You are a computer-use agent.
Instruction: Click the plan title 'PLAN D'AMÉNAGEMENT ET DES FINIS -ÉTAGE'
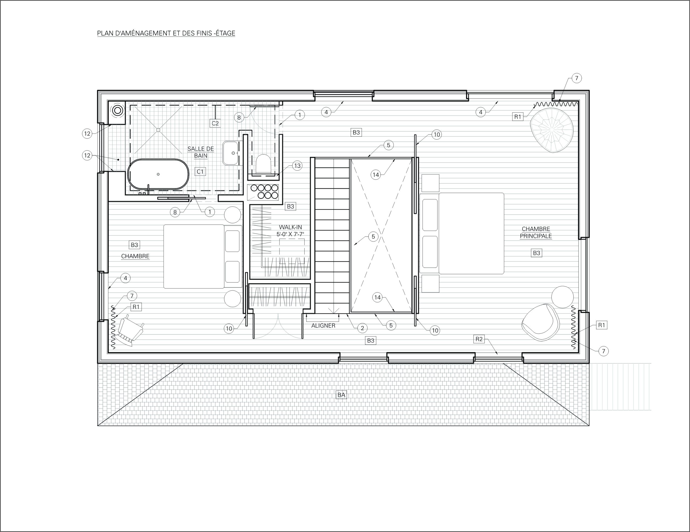point(166,33)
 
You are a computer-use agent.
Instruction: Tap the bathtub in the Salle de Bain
point(158,174)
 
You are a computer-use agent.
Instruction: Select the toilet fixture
point(263,163)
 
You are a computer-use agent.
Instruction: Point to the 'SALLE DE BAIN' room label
point(201,152)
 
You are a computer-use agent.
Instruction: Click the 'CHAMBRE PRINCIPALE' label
point(536,232)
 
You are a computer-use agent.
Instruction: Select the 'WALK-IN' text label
point(290,227)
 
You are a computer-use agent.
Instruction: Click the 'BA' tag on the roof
point(341,395)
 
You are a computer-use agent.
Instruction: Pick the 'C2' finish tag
point(215,123)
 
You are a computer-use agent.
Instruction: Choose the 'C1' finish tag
point(200,172)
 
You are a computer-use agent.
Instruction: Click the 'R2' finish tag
point(479,339)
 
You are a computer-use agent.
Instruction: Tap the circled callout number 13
point(297,165)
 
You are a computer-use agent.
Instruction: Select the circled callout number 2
point(362,328)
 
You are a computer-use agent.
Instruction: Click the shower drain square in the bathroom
point(158,130)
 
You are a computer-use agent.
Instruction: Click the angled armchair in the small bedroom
point(131,330)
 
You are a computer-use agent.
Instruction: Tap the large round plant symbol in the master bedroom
point(552,130)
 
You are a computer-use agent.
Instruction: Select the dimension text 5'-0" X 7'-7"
point(290,234)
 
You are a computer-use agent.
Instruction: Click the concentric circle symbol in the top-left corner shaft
point(118,110)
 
